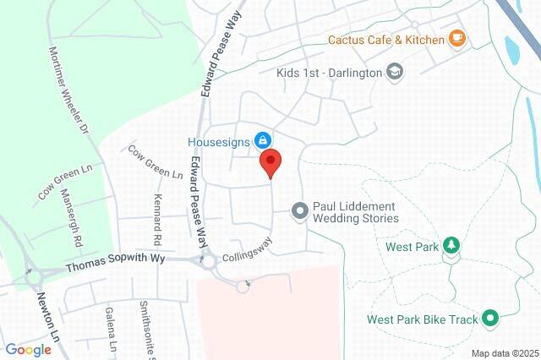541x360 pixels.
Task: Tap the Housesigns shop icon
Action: pyautogui.click(x=262, y=139)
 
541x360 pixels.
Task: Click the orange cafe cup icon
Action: pyautogui.click(x=457, y=37)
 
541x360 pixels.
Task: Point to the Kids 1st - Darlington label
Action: pyautogui.click(x=329, y=72)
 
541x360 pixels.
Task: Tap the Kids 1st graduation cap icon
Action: pyautogui.click(x=394, y=72)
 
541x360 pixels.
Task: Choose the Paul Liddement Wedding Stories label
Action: pyautogui.click(x=355, y=211)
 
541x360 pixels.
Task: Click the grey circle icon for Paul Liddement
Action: pyautogui.click(x=299, y=211)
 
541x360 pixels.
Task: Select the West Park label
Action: pyautogui.click(x=413, y=247)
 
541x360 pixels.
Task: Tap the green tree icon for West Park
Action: pyautogui.click(x=452, y=246)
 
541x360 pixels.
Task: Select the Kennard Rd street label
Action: pyautogui.click(x=157, y=214)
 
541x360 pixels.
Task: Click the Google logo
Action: pyautogui.click(x=28, y=350)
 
